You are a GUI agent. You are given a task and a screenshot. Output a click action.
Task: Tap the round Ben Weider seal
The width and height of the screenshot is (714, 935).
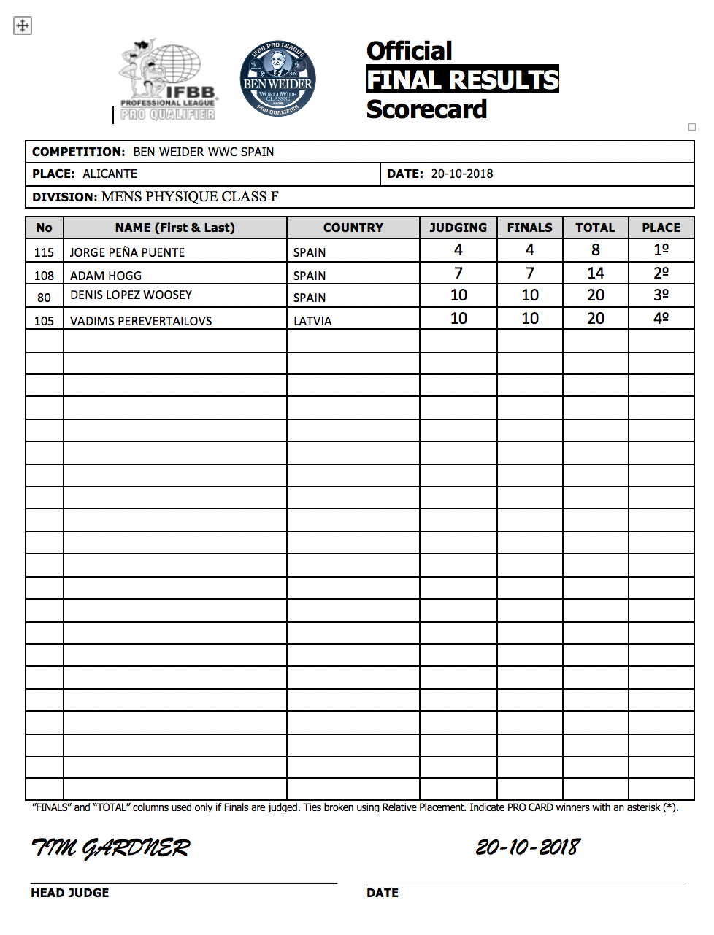pos(277,79)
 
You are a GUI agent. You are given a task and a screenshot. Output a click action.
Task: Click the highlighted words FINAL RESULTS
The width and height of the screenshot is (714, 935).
pos(462,79)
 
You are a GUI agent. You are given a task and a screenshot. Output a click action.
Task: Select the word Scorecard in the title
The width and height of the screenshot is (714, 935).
pos(426,109)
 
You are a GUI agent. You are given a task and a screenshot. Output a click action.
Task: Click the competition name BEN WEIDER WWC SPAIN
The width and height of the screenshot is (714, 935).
pos(204,152)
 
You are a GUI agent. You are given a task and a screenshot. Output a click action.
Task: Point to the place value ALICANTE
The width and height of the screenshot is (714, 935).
pos(110,174)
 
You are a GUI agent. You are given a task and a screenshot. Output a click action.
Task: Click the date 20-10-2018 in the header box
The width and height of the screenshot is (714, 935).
pos(462,174)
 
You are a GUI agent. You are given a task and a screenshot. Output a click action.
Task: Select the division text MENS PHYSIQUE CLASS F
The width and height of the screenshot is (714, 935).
pos(190,197)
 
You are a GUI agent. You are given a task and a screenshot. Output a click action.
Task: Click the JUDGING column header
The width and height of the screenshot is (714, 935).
pos(458,228)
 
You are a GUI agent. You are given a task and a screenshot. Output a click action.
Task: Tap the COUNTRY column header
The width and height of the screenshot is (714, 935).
pos(353,228)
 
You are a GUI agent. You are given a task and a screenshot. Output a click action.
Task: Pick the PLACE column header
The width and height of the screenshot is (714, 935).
pos(661,228)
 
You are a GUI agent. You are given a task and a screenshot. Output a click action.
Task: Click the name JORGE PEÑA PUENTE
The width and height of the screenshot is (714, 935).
pos(127,252)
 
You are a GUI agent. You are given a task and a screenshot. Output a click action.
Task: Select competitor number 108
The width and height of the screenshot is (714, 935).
pos(44,276)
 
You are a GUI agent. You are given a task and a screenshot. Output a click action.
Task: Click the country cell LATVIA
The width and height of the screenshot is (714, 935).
pos(312,321)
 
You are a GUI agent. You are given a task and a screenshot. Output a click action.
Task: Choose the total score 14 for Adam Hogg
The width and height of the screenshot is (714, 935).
pos(596,273)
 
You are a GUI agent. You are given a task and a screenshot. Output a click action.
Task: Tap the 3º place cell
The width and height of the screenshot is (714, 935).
pos(661,295)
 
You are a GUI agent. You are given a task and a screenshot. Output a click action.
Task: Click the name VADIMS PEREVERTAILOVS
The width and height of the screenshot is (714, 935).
pos(141,321)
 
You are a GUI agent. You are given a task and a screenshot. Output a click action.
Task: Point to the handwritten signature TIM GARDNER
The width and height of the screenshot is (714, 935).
pos(111,847)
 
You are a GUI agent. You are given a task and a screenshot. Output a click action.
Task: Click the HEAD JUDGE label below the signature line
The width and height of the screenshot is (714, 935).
pos(70,893)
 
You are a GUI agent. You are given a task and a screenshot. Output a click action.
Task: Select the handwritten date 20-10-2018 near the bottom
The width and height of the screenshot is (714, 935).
pos(528,847)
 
